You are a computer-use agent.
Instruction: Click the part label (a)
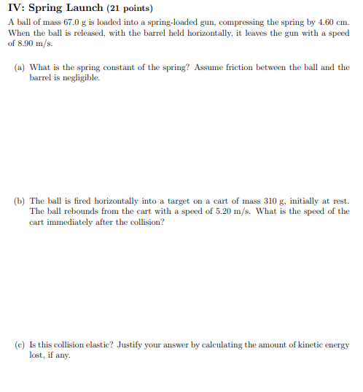tap(20, 67)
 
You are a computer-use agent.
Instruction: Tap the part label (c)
tap(20, 345)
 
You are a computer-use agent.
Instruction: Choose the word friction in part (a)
tap(249, 67)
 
